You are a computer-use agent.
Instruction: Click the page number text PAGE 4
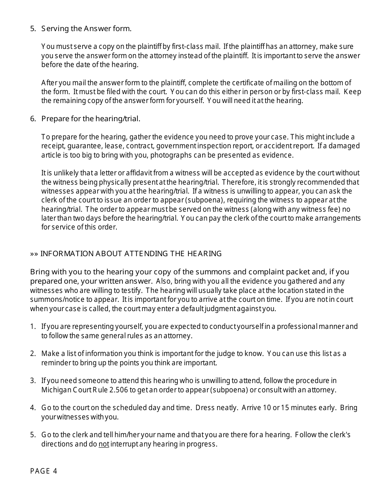point(44,471)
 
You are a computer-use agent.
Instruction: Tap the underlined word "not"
point(104,444)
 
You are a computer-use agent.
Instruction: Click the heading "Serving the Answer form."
point(86,29)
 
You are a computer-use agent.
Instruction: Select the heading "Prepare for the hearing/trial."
point(91,119)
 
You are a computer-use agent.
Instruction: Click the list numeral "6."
point(33,119)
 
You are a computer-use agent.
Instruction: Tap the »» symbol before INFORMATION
point(34,254)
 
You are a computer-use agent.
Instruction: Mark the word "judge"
point(215,354)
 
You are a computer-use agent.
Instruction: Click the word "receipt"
point(52,146)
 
